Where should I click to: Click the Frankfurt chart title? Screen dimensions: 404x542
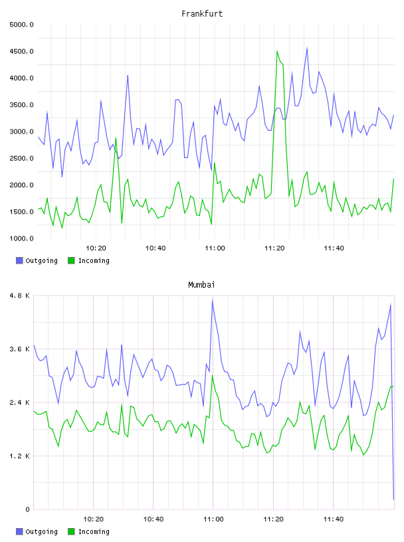coord(202,14)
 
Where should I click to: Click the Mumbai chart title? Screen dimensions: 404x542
coord(201,285)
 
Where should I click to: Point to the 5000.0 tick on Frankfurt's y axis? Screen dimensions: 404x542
coord(21,25)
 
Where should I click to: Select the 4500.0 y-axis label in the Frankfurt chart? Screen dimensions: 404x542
coord(21,52)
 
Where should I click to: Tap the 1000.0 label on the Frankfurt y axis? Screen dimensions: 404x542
coord(21,238)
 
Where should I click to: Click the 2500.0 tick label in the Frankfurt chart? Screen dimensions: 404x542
coord(21,158)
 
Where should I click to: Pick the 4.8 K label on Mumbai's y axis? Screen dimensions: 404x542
coord(20,296)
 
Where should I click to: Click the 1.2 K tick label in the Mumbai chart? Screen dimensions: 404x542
coord(20,456)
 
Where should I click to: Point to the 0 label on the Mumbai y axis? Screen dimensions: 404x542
coord(28,509)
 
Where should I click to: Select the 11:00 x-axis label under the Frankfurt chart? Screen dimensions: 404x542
coord(215,248)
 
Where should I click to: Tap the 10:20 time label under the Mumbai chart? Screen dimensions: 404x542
coord(94,519)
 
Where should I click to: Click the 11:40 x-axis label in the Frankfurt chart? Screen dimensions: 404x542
coord(334,248)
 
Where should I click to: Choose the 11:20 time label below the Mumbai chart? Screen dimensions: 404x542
coord(273,519)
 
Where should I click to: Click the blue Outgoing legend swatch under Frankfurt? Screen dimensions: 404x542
coord(19,260)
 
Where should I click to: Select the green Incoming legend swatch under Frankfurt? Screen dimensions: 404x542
coord(71,260)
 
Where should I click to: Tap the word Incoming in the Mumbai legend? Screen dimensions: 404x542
coord(94,531)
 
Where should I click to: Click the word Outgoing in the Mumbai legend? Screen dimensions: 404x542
coord(41,531)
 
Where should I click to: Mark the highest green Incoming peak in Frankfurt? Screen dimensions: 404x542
coord(277,51)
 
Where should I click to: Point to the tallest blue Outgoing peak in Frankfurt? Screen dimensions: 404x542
coord(307,48)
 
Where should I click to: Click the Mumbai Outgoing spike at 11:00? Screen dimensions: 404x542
coord(213,300)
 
